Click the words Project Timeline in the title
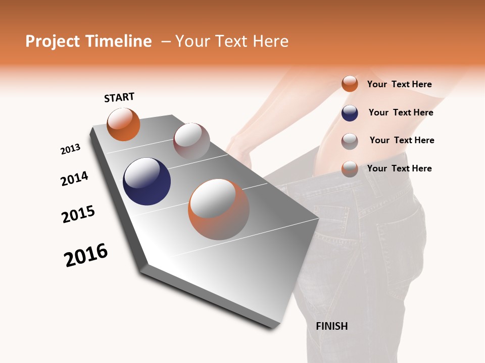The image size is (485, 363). [x=88, y=41]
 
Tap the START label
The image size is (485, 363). [x=119, y=97]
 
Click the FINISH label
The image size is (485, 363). [x=331, y=326]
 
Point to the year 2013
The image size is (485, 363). [x=70, y=149]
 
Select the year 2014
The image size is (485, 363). [x=74, y=178]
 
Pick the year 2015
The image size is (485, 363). [x=78, y=214]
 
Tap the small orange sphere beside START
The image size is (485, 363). [x=123, y=125]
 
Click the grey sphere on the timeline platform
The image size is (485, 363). [x=191, y=141]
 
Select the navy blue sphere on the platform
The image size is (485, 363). [x=147, y=181]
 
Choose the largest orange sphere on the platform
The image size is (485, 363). [x=218, y=209]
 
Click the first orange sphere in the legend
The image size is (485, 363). [x=350, y=84]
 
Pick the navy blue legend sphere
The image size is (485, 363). [x=350, y=113]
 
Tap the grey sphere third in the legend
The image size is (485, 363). [x=350, y=141]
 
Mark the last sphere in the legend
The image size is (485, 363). [x=350, y=168]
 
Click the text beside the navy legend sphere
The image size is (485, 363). [x=401, y=112]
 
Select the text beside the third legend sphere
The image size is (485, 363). [x=402, y=140]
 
